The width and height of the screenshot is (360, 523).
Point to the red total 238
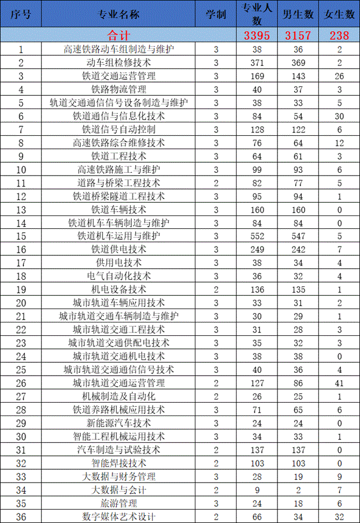[339, 36]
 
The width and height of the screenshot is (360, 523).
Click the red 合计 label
[119, 36]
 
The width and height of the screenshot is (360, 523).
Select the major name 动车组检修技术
[119, 63]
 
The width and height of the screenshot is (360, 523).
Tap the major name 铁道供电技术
[119, 249]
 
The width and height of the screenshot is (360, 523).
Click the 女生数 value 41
[339, 383]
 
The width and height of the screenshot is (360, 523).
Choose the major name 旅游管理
[119, 503]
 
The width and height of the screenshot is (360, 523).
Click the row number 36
[21, 516]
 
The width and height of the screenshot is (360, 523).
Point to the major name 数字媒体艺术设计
[119, 516]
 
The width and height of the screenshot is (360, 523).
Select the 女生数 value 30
[339, 116]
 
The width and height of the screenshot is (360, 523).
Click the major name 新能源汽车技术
[119, 423]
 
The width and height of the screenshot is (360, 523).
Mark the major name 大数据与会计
[119, 490]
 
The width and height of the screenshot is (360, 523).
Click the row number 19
[21, 289]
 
